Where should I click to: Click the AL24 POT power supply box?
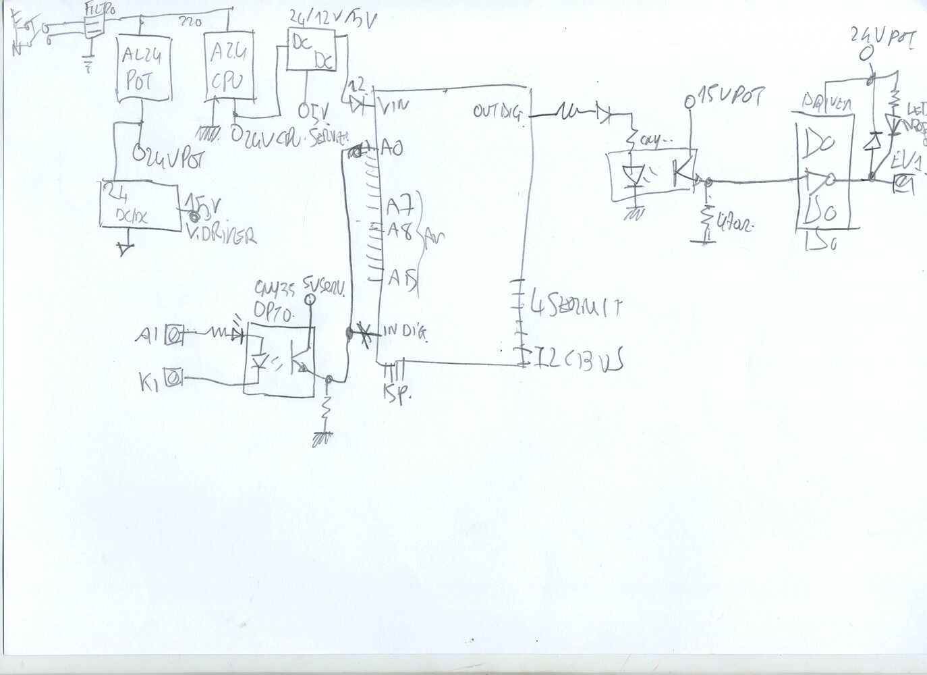point(142,70)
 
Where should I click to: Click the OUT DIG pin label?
point(498,111)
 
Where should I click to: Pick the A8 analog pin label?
point(400,230)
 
